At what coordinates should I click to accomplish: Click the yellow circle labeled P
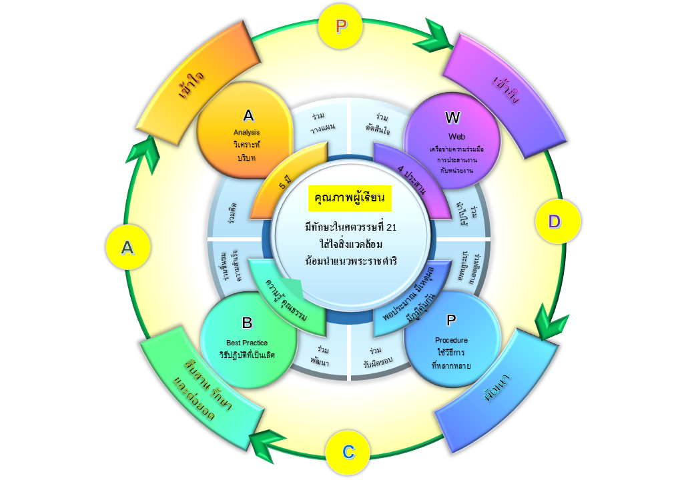coord(341,27)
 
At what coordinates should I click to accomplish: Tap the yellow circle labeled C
coord(348,451)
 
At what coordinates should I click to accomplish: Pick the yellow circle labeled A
coord(127,248)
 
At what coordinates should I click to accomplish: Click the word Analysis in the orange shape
coord(248,132)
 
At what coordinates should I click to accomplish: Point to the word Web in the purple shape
coord(452,137)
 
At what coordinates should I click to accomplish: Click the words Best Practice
coord(247,343)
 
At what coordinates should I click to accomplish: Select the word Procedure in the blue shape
coord(451,340)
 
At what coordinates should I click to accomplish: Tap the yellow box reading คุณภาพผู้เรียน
coord(350,198)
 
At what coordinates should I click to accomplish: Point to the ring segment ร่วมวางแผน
coord(322,122)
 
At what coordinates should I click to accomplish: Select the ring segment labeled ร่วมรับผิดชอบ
coord(378,357)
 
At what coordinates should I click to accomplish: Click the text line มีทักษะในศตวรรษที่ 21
coord(350,228)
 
